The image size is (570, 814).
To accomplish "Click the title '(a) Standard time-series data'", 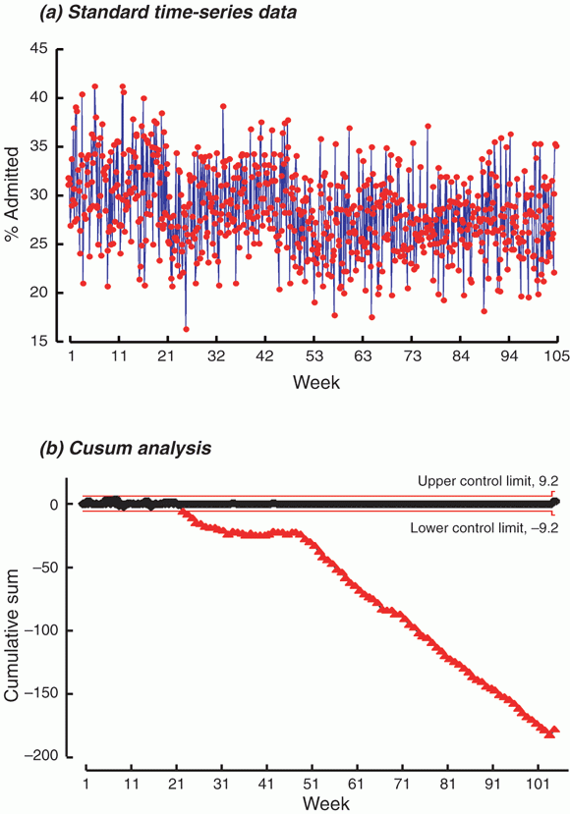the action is (x=168, y=13).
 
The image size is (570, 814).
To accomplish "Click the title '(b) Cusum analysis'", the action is (x=126, y=448).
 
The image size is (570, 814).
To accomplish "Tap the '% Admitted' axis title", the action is (x=12, y=193).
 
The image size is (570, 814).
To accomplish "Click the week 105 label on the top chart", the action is (x=557, y=356).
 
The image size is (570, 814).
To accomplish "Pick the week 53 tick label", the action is (x=313, y=356).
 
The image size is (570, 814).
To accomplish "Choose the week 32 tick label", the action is (x=216, y=356).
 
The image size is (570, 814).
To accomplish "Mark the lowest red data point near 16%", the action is (x=186, y=329).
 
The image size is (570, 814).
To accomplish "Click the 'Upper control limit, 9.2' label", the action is (x=487, y=482).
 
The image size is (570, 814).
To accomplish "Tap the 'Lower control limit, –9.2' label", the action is (x=484, y=528).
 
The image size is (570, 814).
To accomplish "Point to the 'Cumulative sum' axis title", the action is (x=12, y=635).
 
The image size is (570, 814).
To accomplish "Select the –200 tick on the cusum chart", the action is (x=41, y=757).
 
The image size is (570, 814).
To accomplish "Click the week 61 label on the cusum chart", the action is (x=358, y=783).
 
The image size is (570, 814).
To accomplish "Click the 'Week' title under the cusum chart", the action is (x=326, y=803).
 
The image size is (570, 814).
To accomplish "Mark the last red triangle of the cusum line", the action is (x=554, y=731).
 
